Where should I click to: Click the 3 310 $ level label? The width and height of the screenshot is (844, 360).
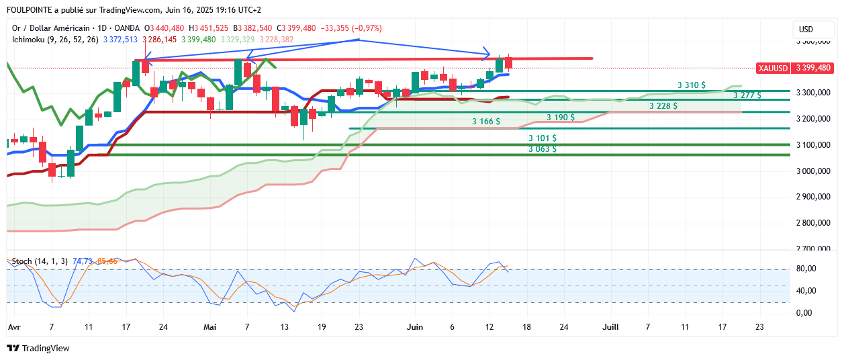pos(691,85)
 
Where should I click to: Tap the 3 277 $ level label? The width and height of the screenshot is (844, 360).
pos(747,95)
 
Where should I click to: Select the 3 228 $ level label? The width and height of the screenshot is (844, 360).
pos(663,106)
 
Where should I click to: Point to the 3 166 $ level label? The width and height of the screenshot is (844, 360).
pos(486,122)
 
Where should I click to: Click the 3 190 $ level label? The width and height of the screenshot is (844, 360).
pos(560,118)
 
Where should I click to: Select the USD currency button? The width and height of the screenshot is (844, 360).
pos(806,30)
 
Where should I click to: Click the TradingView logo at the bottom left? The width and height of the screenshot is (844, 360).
pos(38,349)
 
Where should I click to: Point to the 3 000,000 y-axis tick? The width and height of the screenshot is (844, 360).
pos(814,171)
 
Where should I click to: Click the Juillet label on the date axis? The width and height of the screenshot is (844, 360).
pos(610,327)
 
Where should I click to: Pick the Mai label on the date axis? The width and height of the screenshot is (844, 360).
pos(211,327)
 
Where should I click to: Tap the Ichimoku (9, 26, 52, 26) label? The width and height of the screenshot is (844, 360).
pos(55,40)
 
